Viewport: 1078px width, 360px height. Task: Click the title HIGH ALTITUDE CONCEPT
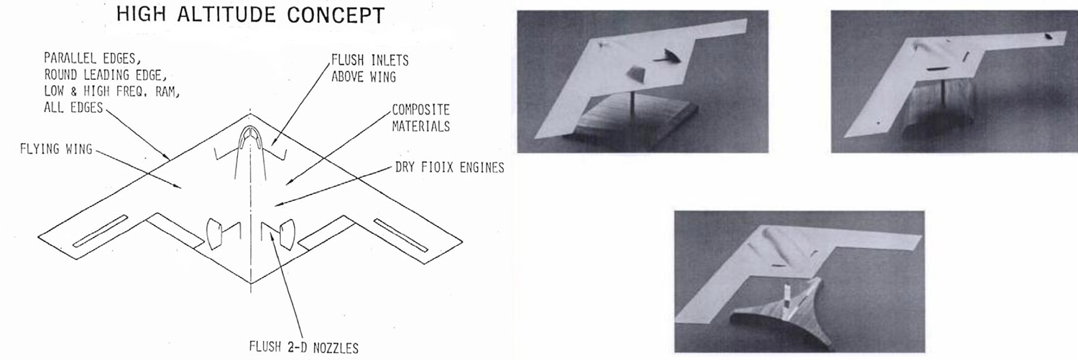[x=250, y=15]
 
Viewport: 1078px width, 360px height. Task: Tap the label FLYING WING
[x=56, y=149]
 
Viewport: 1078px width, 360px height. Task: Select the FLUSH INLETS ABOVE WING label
[x=369, y=68]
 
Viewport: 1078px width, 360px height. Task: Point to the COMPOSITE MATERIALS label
[x=420, y=118]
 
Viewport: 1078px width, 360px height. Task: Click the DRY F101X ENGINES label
[x=449, y=167]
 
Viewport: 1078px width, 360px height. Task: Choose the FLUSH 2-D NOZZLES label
[x=304, y=347]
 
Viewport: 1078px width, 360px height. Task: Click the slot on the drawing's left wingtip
[x=100, y=231]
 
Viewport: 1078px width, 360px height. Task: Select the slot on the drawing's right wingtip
[x=401, y=236]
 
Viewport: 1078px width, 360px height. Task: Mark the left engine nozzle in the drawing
[x=214, y=234]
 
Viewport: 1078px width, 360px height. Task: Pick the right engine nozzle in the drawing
[x=287, y=234]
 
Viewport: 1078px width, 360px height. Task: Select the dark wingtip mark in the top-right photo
[x=1049, y=37]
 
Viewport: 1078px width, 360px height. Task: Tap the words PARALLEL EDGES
[x=93, y=59]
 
